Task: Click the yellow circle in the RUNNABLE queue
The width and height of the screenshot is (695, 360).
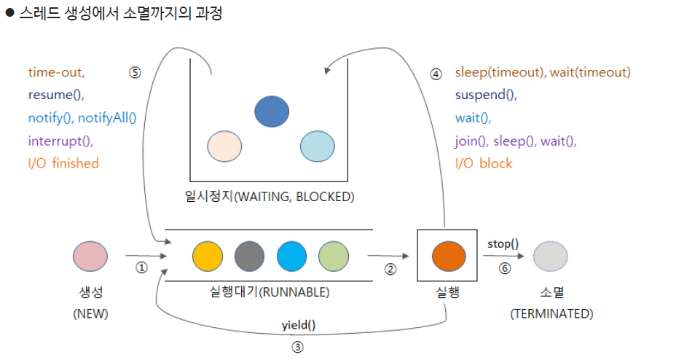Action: (208, 257)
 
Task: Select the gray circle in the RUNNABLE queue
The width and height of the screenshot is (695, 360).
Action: (249, 257)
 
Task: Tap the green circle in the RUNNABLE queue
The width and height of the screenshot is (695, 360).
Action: (334, 257)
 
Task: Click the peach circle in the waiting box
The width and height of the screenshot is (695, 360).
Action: (224, 146)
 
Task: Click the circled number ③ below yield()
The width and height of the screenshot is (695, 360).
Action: (297, 348)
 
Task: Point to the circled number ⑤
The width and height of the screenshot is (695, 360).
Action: (134, 73)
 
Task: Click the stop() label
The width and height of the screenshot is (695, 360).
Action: (503, 243)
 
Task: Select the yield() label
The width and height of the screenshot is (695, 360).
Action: (299, 325)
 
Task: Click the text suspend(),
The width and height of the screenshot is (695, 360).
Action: (485, 95)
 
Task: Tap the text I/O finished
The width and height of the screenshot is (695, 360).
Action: (63, 163)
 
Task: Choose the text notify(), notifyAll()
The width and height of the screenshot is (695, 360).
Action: (82, 118)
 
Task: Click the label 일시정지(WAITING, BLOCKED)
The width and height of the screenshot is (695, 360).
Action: (270, 197)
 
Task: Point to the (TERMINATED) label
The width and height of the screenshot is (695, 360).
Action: (551, 313)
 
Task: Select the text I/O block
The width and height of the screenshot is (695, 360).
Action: (484, 163)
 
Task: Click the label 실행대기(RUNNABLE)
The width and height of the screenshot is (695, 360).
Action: (269, 292)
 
